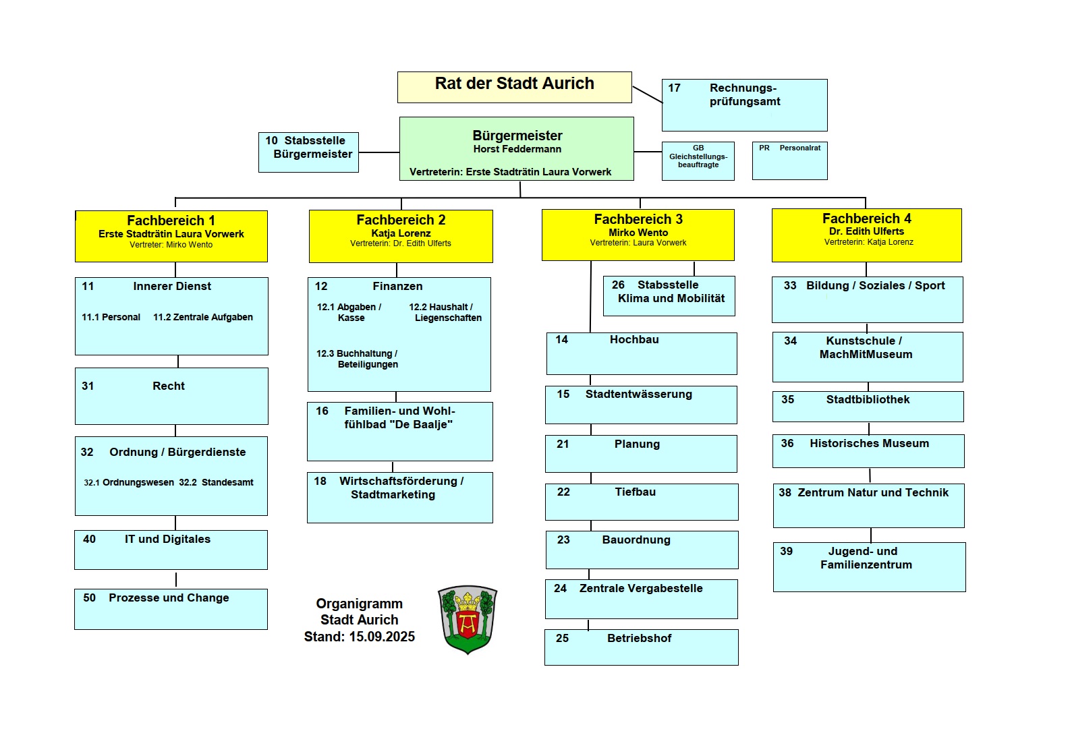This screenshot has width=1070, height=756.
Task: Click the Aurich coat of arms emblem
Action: click(468, 619)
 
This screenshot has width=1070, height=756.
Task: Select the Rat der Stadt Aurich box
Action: click(514, 87)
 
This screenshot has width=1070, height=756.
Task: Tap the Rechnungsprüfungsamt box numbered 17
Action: click(744, 105)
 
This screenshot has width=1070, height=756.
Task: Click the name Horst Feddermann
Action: click(517, 149)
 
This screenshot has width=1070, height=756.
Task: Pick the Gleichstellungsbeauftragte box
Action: click(698, 161)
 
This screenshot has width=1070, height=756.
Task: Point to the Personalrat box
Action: click(789, 161)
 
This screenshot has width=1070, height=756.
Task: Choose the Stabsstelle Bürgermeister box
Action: click(308, 152)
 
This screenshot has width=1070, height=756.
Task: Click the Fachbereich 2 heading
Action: click(401, 220)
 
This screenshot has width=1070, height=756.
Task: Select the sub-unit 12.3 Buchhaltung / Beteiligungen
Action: click(357, 359)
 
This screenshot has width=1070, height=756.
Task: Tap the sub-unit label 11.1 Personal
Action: click(111, 317)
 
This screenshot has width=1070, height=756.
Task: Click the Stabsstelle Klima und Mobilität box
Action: click(669, 295)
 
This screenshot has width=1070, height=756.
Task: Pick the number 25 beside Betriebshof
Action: click(562, 638)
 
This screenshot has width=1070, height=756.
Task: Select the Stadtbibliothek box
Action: click(868, 406)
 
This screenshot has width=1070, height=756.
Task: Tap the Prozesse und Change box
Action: click(171, 608)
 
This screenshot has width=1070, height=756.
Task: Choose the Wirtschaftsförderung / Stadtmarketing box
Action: click(399, 497)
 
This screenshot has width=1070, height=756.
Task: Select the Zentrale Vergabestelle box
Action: click(641, 598)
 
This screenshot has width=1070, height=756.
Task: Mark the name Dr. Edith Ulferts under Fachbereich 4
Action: click(866, 231)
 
